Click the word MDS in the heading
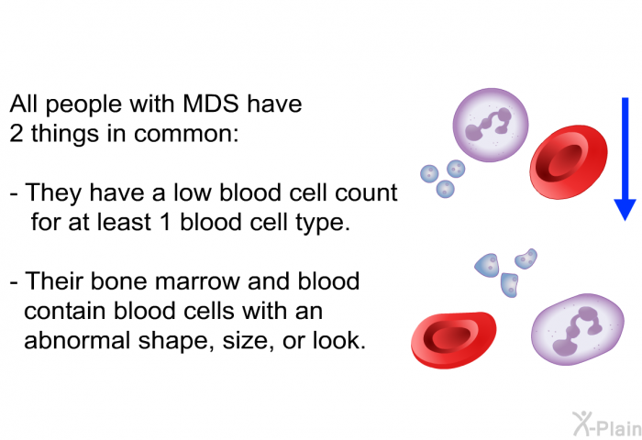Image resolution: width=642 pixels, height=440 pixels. [211, 104]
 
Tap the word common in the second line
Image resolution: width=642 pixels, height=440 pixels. [186, 134]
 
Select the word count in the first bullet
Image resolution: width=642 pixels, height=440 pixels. [366, 192]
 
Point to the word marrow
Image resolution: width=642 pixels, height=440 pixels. [198, 281]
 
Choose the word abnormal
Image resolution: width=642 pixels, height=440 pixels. [77, 340]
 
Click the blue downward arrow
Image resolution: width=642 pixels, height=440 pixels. [625, 159]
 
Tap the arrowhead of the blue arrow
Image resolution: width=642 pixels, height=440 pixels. [625, 210]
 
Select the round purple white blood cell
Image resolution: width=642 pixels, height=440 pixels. [491, 125]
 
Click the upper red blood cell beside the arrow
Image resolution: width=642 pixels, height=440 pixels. [569, 162]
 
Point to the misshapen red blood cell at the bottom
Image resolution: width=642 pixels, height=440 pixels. [453, 340]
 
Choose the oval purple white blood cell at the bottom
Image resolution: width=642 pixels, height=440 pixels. [578, 329]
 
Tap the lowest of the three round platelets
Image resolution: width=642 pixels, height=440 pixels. [445, 189]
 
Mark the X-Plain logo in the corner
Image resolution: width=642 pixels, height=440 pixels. [607, 424]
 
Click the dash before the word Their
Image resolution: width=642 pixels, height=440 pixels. [14, 282]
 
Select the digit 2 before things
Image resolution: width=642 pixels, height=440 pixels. [17, 134]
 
